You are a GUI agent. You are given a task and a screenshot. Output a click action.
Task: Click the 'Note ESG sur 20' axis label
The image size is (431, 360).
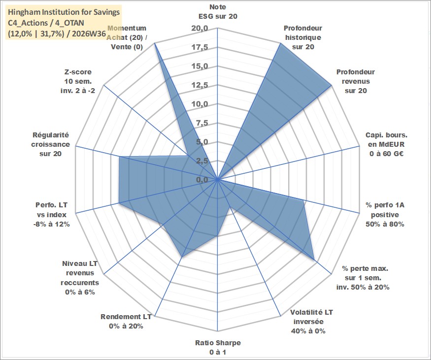coord(218,11)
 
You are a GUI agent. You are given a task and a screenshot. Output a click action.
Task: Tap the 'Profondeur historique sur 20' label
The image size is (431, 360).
coord(303,37)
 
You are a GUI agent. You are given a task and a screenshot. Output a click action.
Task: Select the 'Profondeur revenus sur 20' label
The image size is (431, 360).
coord(356,81)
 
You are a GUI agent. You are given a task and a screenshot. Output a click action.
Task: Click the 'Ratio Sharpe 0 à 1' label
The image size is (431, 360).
coord(218,347)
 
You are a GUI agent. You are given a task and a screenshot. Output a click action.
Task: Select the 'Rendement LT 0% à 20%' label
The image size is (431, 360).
coord(126,321)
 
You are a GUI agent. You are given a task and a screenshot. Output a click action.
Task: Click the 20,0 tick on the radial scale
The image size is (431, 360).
coord(200,28)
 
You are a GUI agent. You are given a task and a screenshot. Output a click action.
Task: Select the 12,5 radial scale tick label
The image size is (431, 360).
coord(200,85)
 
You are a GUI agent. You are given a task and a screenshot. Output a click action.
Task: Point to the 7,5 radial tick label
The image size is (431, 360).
coord(202,123)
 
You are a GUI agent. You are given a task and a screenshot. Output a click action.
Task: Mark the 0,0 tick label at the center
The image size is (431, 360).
coord(202,180)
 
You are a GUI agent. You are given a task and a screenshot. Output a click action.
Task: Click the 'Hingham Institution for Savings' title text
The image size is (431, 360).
coord(64,12)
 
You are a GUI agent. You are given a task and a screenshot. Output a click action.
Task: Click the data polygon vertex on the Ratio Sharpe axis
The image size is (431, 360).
coord(217,235)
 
